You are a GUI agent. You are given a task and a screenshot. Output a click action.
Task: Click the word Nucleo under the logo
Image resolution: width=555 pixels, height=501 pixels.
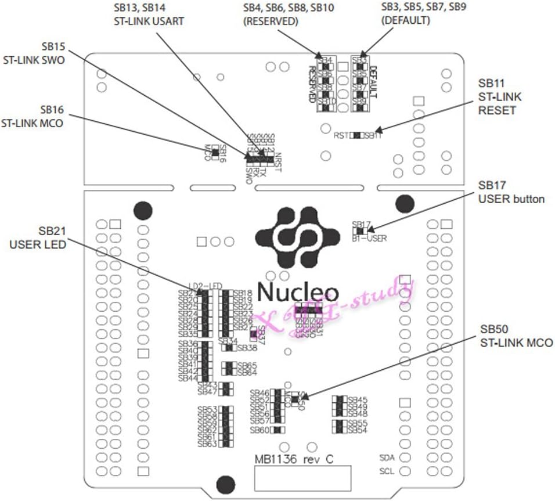point(298,291)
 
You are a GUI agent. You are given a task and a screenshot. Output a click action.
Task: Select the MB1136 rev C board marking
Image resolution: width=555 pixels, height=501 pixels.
point(294,459)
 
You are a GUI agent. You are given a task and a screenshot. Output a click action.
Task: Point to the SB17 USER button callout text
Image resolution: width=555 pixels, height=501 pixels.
point(511,192)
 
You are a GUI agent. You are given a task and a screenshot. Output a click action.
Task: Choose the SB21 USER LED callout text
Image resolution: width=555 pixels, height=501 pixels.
point(37,238)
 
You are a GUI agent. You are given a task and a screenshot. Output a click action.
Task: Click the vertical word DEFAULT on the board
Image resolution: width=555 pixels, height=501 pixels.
point(373,81)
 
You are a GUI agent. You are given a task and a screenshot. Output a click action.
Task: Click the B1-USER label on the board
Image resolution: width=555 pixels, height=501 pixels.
point(369,237)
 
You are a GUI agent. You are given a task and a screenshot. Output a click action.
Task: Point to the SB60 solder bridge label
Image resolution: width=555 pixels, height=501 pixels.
point(260,430)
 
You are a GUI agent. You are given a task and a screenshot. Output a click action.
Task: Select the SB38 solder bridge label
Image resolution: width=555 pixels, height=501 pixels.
point(248,348)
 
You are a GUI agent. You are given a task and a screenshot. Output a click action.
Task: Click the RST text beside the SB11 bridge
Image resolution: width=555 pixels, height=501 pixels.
point(341,136)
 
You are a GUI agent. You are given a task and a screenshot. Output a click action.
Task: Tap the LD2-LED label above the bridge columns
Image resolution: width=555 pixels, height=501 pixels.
point(208,285)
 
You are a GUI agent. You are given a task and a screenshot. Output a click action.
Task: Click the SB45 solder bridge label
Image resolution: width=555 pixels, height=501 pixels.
point(358,400)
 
